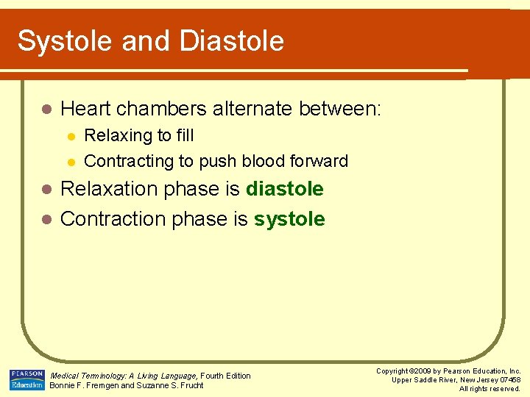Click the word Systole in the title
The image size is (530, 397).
(x=65, y=41)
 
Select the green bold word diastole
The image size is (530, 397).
(x=284, y=189)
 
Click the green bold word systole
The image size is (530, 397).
(x=289, y=219)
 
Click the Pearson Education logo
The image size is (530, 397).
(x=26, y=379)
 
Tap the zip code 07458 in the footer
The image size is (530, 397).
(x=509, y=380)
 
